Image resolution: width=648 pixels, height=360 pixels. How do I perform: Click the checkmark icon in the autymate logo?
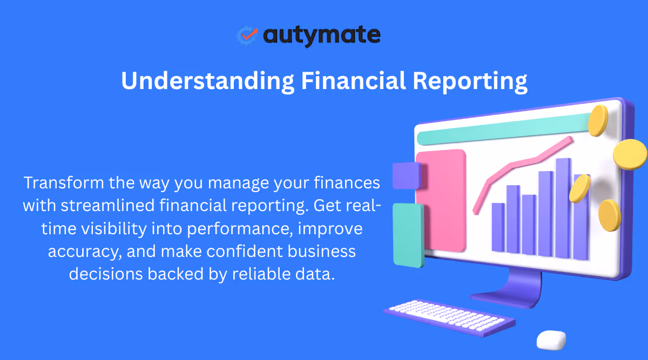tap(248, 35)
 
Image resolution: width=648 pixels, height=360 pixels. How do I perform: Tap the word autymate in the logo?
tap(322, 36)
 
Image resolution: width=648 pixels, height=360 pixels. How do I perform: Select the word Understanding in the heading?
tap(205, 81)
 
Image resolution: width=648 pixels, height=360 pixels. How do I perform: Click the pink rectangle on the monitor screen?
tap(441, 200)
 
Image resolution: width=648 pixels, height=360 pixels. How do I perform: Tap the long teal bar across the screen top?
tap(502, 129)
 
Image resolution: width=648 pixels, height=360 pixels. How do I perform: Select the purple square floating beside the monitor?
tap(406, 175)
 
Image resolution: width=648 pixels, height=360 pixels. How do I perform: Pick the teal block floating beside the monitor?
tap(408, 235)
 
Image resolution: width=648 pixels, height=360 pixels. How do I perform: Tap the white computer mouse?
tap(551, 340)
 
